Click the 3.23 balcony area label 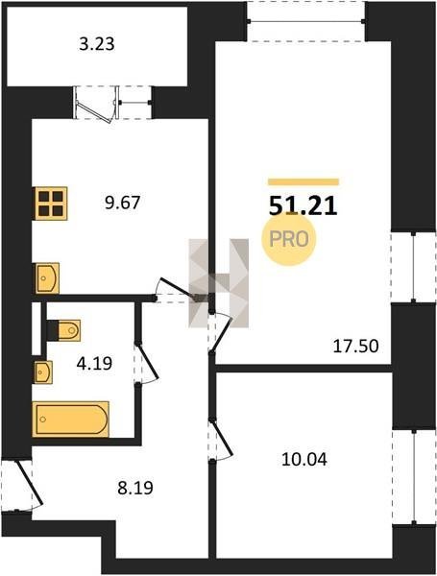97,44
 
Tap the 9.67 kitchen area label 123,203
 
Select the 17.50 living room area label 355,346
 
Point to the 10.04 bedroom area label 303,459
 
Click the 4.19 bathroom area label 94,364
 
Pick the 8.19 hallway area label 135,489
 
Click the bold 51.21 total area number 303,206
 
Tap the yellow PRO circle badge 289,239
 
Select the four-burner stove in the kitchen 51,204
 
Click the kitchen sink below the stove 47,278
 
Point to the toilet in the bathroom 64,330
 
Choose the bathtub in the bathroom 70,420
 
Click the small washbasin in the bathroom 43,372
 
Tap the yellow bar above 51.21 303,181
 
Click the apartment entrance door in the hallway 23,485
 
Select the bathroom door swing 146,363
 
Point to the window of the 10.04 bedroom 414,476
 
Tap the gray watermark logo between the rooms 219,283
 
